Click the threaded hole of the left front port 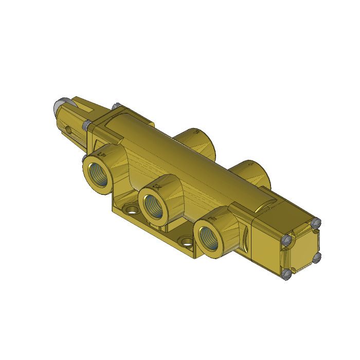pos(98,173)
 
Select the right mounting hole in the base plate pos(186,241)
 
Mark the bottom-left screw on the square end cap pos(287,275)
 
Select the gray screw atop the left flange pos(116,106)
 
